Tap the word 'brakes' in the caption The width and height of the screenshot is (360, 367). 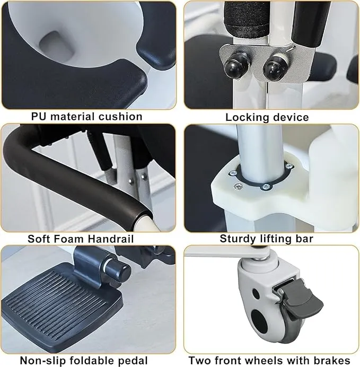[332, 361]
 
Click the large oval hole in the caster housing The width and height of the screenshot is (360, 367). [259, 320]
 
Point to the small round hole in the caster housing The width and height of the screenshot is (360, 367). [256, 293]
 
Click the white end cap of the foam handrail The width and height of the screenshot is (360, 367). [143, 222]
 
